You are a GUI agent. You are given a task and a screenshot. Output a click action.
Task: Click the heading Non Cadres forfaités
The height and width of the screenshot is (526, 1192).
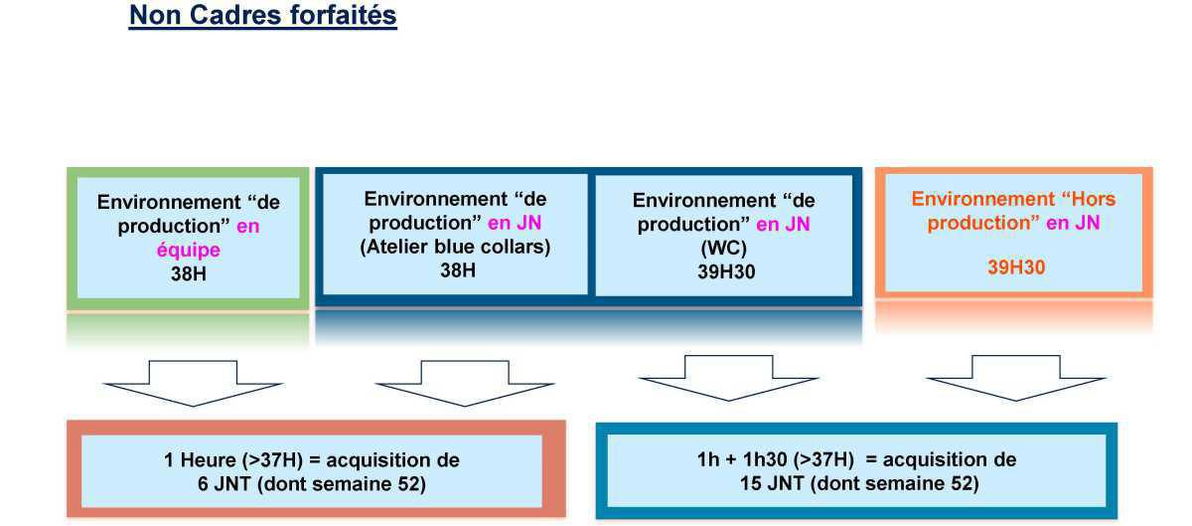(263, 15)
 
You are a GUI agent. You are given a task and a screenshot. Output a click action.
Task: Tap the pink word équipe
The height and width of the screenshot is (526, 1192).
(189, 250)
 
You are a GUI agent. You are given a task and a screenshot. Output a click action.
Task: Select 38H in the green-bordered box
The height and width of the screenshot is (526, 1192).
(189, 273)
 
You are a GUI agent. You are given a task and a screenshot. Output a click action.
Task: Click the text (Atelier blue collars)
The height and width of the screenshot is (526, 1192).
(456, 247)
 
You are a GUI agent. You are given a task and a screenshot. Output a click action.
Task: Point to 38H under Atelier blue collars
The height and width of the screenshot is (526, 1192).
(458, 270)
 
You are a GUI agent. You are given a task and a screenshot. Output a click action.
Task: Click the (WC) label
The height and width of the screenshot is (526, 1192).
(724, 248)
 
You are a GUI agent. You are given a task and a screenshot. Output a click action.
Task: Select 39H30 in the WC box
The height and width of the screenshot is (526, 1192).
(726, 271)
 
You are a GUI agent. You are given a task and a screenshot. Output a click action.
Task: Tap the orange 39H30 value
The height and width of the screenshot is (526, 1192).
(1016, 267)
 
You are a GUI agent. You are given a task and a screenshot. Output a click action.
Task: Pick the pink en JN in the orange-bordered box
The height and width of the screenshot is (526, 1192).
(1073, 223)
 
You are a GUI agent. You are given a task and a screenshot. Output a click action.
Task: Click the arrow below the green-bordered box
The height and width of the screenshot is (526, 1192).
(193, 383)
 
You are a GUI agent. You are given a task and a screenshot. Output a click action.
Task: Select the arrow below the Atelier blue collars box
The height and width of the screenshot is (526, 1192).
(465, 383)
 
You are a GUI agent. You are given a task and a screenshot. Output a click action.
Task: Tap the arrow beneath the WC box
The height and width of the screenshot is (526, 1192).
(728, 378)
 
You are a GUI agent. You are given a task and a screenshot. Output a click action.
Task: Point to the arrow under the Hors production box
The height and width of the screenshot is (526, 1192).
(1016, 378)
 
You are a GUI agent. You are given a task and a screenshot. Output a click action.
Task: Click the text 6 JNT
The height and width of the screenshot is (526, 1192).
(224, 484)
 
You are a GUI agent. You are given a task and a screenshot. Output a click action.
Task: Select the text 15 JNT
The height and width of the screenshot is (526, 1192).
(772, 483)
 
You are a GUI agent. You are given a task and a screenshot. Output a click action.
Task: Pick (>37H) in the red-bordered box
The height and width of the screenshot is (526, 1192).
(272, 460)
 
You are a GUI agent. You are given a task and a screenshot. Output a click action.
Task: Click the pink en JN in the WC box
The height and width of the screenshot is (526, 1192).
(784, 225)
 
